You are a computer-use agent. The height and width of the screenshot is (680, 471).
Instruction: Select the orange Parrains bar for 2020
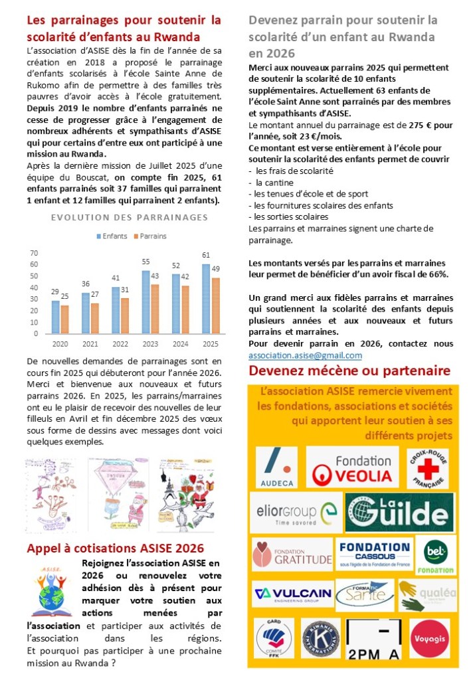click(x=64, y=319)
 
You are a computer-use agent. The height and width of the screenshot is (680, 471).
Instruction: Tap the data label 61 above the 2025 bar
click(x=206, y=255)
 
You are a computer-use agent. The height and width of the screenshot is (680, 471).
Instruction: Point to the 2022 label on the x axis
click(x=120, y=344)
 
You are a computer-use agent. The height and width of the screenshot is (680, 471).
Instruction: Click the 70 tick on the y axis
click(x=35, y=253)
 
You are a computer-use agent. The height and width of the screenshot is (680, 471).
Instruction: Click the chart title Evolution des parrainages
click(x=130, y=217)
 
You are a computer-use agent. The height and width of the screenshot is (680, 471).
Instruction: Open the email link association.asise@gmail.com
click(x=305, y=355)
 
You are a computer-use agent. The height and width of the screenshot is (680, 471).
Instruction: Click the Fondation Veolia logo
click(x=352, y=467)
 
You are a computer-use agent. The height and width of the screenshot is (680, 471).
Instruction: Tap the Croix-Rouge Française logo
click(x=426, y=468)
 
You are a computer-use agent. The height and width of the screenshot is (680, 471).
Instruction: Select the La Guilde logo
click(x=401, y=512)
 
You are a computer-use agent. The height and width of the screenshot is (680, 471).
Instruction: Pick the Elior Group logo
click(x=297, y=513)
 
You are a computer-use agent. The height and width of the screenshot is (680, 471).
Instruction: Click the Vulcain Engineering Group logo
click(x=292, y=593)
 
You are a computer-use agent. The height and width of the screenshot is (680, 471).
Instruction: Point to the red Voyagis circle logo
click(x=429, y=638)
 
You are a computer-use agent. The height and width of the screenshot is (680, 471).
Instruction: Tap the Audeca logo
click(x=276, y=467)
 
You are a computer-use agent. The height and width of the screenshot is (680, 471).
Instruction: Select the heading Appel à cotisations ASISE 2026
click(x=115, y=549)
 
